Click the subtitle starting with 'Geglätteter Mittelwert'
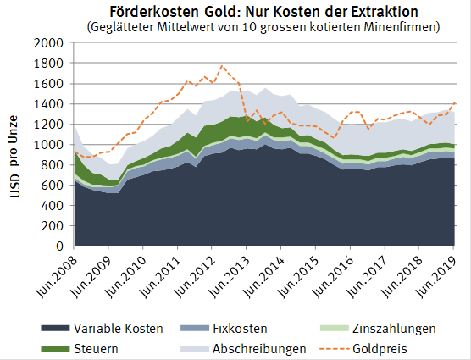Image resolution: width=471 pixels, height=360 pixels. (x=263, y=26)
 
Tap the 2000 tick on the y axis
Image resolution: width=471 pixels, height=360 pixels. (x=49, y=43)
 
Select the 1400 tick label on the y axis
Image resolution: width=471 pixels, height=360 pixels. (x=49, y=104)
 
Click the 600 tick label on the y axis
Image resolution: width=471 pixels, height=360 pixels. (x=53, y=186)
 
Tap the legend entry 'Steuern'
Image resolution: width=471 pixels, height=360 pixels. (x=94, y=347)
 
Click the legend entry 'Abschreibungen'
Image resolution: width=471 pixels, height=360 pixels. (x=259, y=347)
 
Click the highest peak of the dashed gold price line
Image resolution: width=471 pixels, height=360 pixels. (x=223, y=65)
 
